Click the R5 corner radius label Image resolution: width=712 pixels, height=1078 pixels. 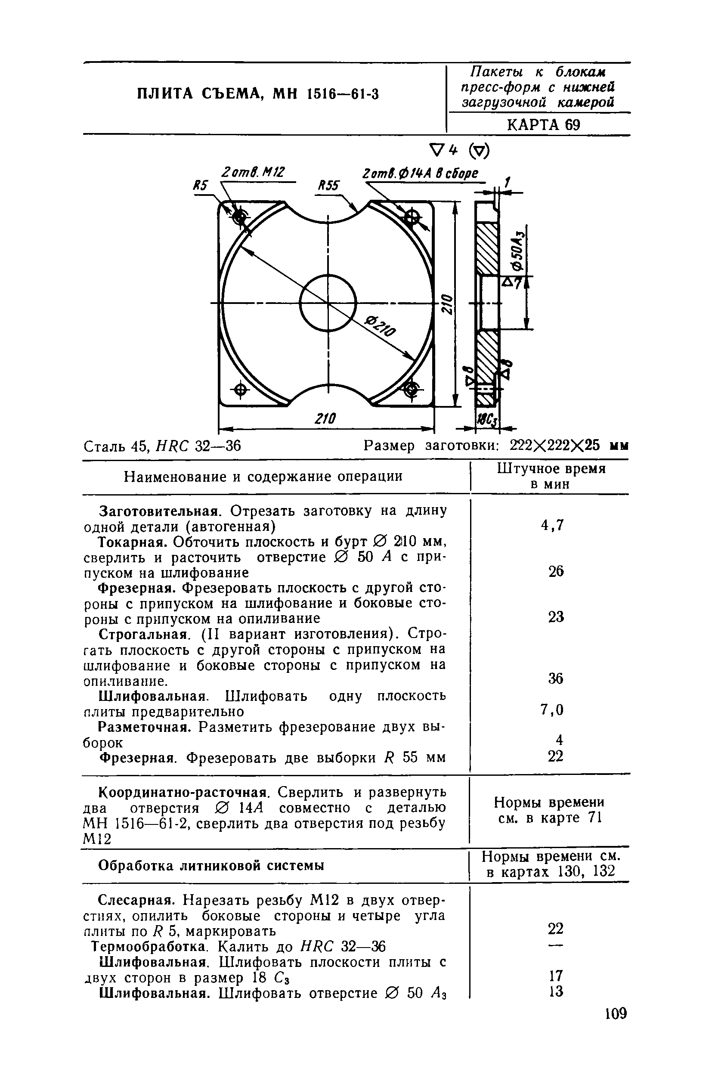click(200, 186)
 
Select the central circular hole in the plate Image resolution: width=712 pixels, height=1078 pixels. click(328, 303)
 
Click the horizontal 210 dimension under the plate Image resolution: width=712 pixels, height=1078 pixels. click(325, 418)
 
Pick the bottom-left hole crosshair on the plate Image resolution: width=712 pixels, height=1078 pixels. click(240, 390)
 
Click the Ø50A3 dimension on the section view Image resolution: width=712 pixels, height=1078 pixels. click(517, 251)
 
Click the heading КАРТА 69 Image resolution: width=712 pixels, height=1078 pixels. click(543, 124)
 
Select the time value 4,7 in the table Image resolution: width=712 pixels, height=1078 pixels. click(552, 525)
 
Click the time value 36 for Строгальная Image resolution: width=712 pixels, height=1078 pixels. click(555, 679)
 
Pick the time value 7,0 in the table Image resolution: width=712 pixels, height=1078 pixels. click(552, 710)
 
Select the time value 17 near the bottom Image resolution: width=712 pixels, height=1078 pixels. click(555, 976)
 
